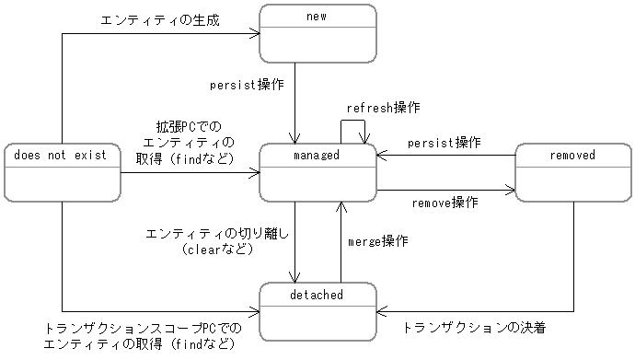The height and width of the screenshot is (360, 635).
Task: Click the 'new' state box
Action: [317, 33]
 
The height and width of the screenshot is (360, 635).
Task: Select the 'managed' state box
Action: [317, 171]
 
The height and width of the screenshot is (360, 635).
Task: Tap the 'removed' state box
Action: [572, 171]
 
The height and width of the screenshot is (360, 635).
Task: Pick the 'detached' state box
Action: [317, 309]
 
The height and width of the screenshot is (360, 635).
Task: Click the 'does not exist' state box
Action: [62, 171]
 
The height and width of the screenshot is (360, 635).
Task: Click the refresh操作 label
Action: [383, 108]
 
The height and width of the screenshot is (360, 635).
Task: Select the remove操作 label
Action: [444, 203]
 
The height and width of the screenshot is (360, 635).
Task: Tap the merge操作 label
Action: [378, 241]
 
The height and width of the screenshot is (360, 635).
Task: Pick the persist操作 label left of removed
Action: [444, 143]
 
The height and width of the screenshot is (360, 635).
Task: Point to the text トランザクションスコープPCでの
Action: [143, 328]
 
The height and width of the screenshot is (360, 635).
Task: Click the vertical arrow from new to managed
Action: [295, 101]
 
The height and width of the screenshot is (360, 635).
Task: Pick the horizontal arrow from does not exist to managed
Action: [189, 172]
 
